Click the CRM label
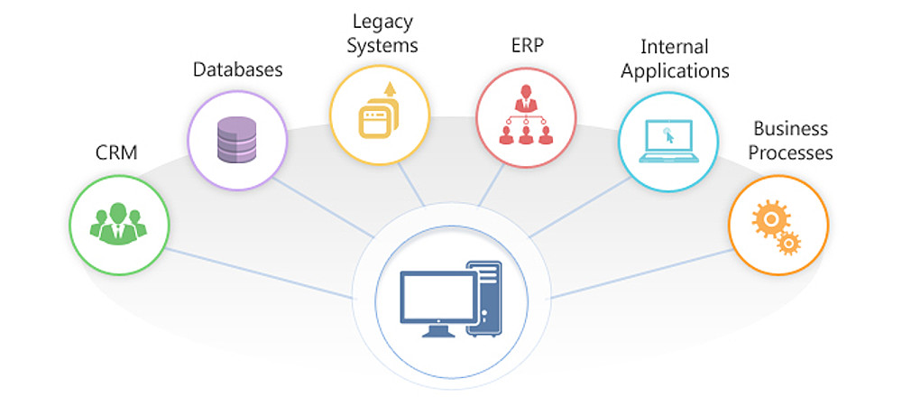click(x=116, y=152)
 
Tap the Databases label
click(x=238, y=69)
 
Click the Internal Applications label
click(x=674, y=58)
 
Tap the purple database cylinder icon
click(x=237, y=141)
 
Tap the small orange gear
click(x=789, y=242)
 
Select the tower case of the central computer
click(x=483, y=297)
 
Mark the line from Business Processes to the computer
click(x=640, y=273)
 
